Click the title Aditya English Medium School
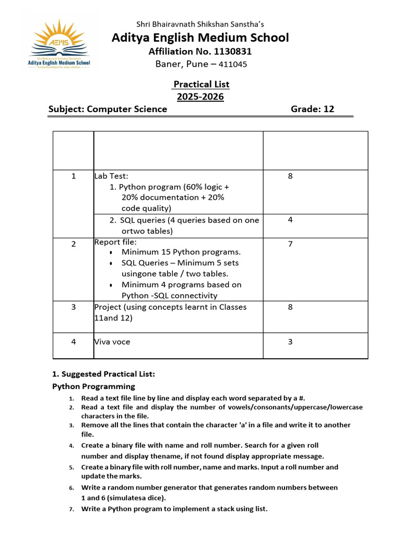pyautogui.click(x=200, y=38)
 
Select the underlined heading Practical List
pyautogui.click(x=201, y=84)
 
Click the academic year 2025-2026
pyautogui.click(x=200, y=96)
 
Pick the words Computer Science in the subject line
pyautogui.click(x=127, y=109)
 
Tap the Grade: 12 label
pyautogui.click(x=312, y=109)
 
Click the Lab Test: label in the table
pyautogui.click(x=111, y=176)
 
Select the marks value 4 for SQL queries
pyautogui.click(x=290, y=220)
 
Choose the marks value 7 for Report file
pyautogui.click(x=290, y=244)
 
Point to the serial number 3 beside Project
pyautogui.click(x=73, y=307)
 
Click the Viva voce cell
pyautogui.click(x=113, y=342)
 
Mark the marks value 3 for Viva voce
pyautogui.click(x=290, y=342)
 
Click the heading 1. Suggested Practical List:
pyautogui.click(x=103, y=374)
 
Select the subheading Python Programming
pyautogui.click(x=93, y=386)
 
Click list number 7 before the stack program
pyautogui.click(x=71, y=509)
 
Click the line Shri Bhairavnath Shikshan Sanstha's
pyautogui.click(x=200, y=23)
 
